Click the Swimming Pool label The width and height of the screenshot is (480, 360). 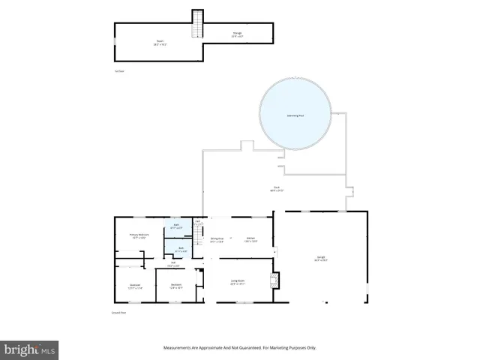pyautogui.click(x=295, y=115)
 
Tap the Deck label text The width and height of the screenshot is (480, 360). pyautogui.click(x=276, y=189)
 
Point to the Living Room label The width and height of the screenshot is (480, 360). pyautogui.click(x=237, y=282)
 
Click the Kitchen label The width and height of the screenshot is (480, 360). pyautogui.click(x=250, y=239)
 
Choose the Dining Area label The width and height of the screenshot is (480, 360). pyautogui.click(x=217, y=240)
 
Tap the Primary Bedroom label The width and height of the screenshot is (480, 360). pyautogui.click(x=139, y=236)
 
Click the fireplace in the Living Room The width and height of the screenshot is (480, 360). pyautogui.click(x=274, y=280)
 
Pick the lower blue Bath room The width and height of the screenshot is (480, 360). pyautogui.click(x=181, y=249)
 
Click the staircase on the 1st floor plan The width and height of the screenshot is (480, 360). pyautogui.click(x=198, y=24)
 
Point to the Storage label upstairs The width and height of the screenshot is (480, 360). pyautogui.click(x=236, y=34)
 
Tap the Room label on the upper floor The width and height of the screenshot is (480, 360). pyautogui.click(x=159, y=43)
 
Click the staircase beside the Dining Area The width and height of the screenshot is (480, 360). pyautogui.click(x=199, y=240)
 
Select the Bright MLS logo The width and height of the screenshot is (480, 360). pyautogui.click(x=30, y=349)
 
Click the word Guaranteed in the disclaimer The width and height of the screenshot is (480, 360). pyautogui.click(x=251, y=348)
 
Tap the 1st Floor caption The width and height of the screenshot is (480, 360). pyautogui.click(x=118, y=71)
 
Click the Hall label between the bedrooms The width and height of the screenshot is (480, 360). pyautogui.click(x=172, y=263)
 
